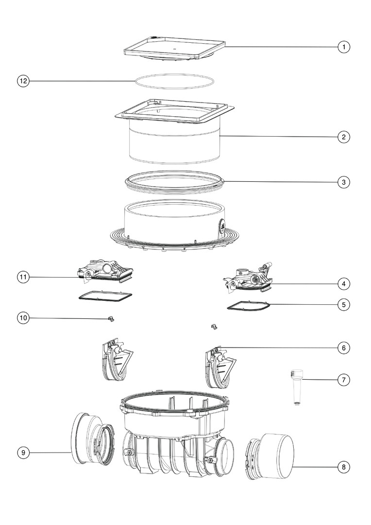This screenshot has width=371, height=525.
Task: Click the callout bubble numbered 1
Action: point(344,47)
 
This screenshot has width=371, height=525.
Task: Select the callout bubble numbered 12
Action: point(23,81)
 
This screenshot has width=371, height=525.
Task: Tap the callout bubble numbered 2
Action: point(344,137)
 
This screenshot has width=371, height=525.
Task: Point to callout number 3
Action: point(344,182)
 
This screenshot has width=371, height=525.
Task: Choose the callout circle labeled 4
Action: point(344,284)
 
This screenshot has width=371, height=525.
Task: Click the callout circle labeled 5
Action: point(344,305)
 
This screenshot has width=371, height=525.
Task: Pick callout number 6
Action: point(344,348)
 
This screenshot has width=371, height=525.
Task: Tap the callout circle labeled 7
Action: point(344,380)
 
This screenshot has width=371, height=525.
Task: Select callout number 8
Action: point(344,467)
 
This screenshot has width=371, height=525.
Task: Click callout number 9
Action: point(23,453)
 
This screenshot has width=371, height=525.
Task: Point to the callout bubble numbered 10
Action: point(23,318)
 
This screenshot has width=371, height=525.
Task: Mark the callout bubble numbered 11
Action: point(23,277)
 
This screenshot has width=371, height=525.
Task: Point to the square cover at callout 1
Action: point(174,49)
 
